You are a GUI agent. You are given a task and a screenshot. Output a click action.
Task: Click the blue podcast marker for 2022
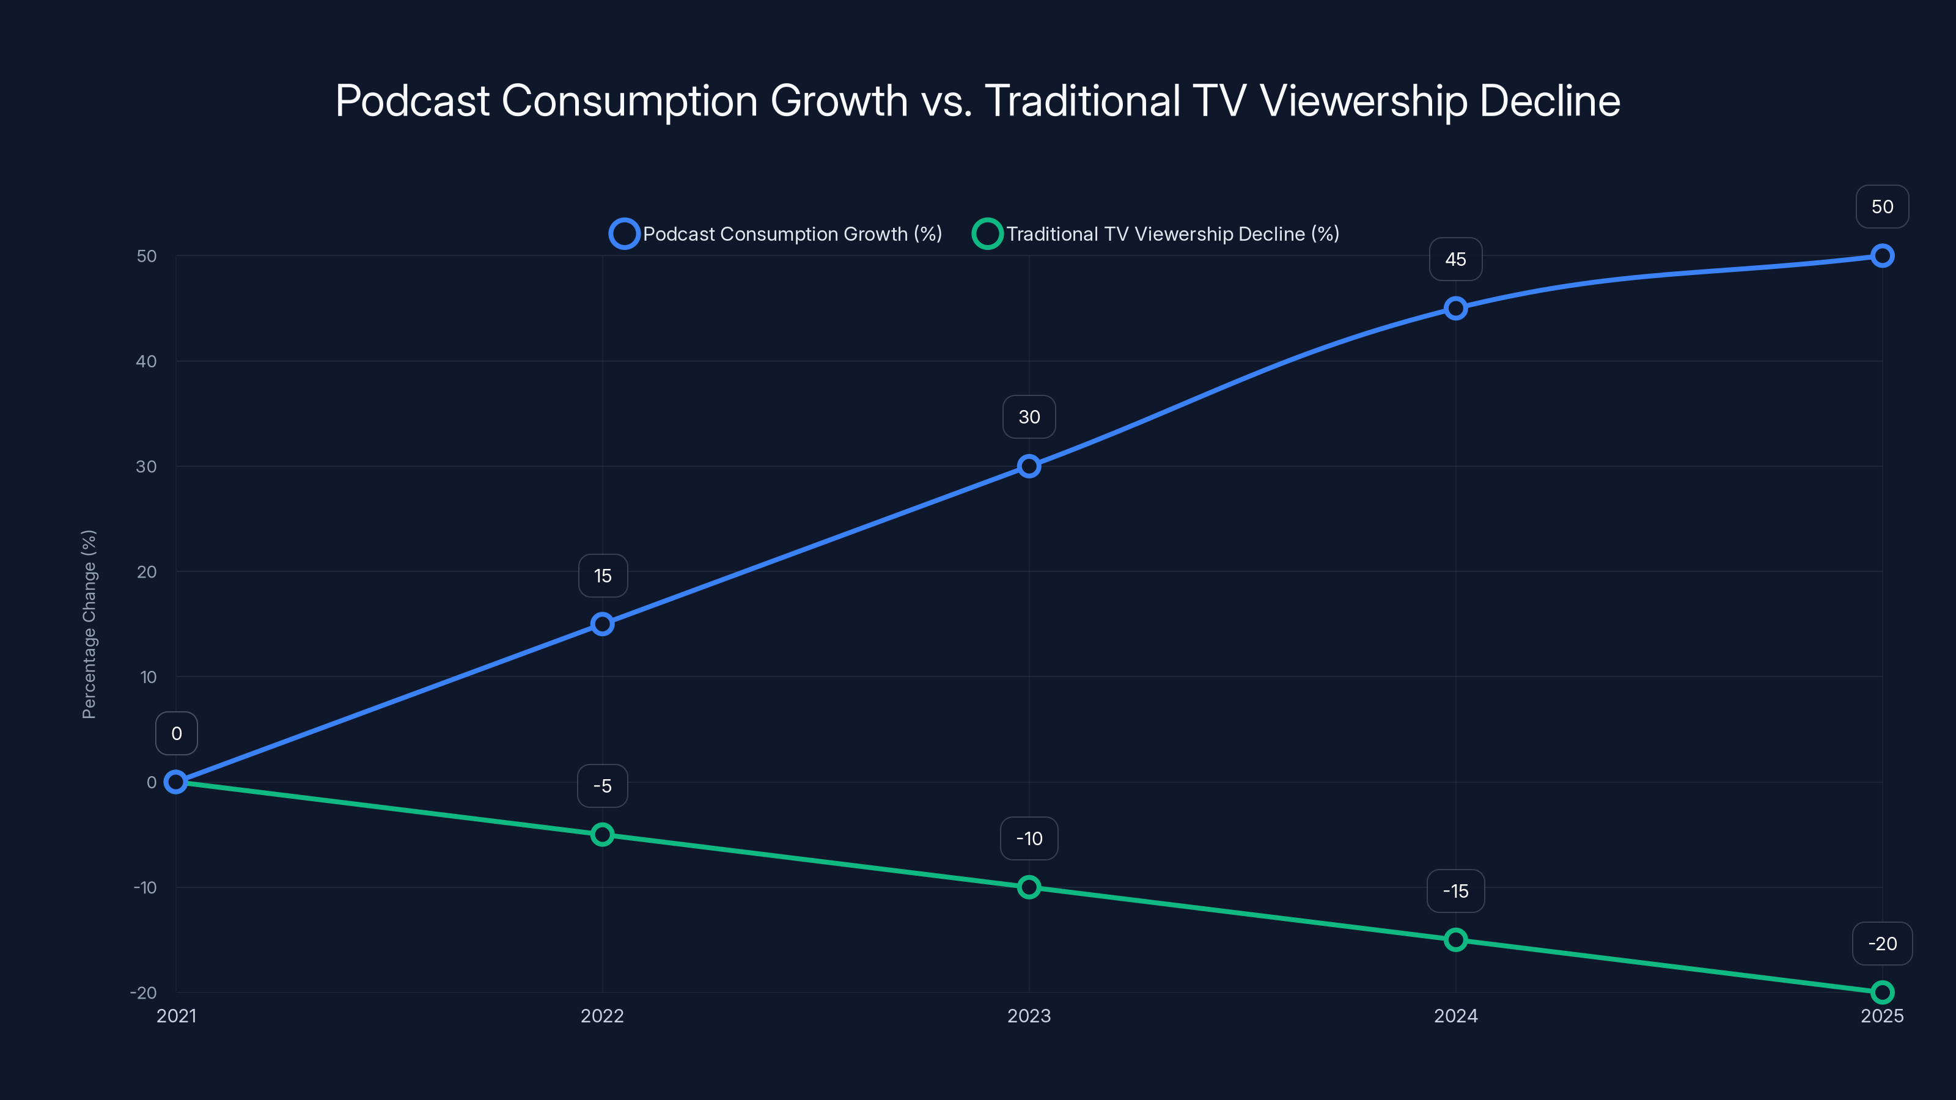click(602, 624)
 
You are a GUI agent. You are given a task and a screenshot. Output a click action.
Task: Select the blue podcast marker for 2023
click(1029, 466)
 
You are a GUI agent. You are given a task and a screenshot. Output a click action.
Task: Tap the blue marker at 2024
click(1455, 308)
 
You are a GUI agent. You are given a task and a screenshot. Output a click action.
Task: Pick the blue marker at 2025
click(1881, 256)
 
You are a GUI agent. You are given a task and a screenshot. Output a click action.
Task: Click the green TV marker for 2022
click(602, 834)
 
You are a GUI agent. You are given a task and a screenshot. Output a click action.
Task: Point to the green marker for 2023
click(1029, 887)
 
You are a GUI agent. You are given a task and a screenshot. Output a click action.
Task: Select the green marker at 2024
click(1455, 940)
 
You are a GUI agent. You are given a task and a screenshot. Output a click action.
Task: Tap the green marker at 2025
click(1881, 991)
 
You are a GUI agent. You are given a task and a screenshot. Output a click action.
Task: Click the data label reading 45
click(1455, 260)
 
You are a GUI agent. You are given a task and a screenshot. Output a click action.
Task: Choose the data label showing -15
click(1455, 891)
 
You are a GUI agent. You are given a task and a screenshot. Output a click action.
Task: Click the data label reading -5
click(602, 786)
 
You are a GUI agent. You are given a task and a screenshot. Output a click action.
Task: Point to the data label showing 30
click(1029, 417)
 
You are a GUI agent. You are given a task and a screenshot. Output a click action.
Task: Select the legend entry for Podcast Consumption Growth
click(776, 234)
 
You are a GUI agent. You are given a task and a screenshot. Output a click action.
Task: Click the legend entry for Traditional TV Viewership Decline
click(1156, 234)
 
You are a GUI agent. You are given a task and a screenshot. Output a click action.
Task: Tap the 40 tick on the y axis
click(147, 361)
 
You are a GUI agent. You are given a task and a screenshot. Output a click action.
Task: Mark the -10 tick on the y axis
click(145, 887)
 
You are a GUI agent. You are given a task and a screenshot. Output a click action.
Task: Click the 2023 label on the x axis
click(1029, 1016)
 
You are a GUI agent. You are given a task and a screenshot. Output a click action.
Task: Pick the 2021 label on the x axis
click(176, 1016)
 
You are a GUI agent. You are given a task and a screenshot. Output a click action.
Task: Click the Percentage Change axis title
click(89, 624)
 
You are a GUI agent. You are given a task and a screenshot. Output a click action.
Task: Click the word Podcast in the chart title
click(413, 101)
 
